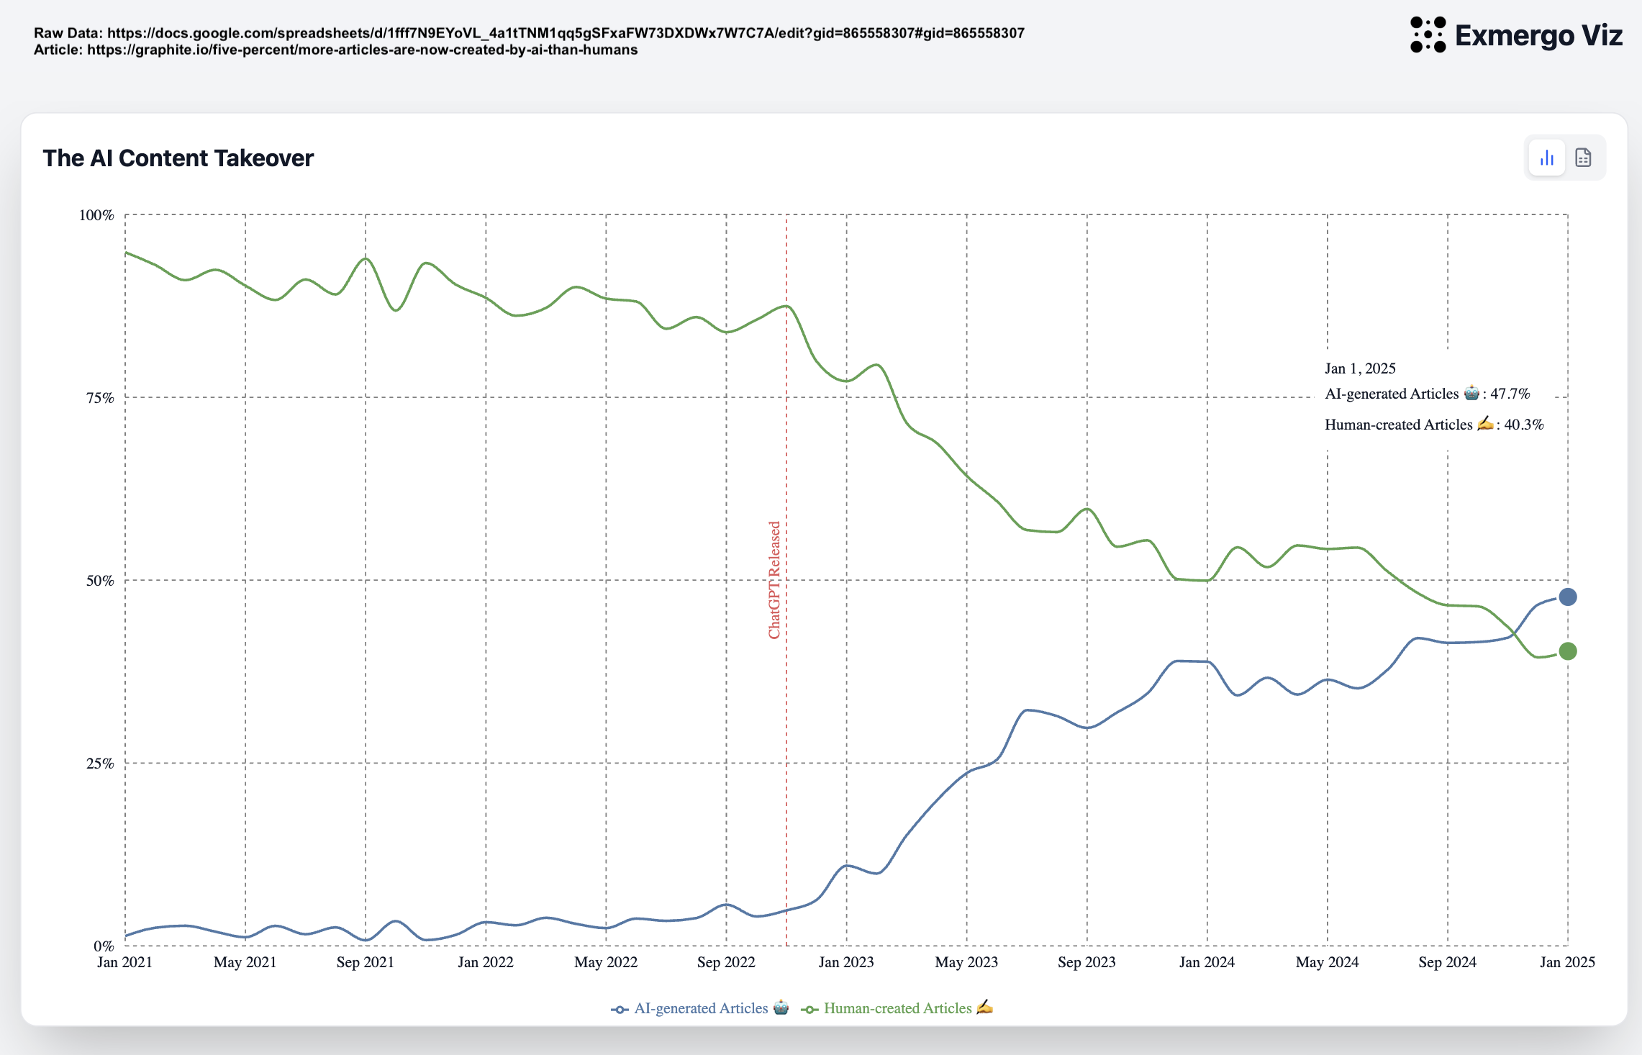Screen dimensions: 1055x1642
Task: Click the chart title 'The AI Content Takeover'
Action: pos(178,158)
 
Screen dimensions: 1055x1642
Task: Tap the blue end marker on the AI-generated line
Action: pos(1567,597)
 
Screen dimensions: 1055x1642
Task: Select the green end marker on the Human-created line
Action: pos(1567,651)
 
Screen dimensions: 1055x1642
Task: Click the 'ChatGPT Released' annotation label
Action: pos(774,580)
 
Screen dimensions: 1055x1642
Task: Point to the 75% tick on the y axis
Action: pos(100,398)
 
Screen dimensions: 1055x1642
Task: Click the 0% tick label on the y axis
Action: pos(104,946)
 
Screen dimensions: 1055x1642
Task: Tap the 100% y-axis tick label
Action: pos(96,215)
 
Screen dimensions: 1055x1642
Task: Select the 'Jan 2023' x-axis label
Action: pos(846,962)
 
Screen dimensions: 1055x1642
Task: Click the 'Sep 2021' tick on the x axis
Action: pos(366,962)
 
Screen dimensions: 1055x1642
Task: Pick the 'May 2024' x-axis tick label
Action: pos(1327,962)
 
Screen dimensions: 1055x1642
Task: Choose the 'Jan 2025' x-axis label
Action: pos(1567,962)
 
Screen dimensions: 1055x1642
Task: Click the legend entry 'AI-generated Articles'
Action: pos(700,1008)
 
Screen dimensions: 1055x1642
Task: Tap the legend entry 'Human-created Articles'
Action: pos(897,1008)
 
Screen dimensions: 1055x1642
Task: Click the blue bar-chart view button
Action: pos(1547,158)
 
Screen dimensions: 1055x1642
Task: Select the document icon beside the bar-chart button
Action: pos(1583,158)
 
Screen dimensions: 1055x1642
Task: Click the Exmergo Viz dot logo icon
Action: pos(1428,35)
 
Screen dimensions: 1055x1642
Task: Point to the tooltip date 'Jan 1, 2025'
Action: pos(1360,368)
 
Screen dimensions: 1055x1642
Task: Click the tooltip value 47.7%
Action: pos(1510,394)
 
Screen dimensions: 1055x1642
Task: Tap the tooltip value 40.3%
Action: pos(1523,425)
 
